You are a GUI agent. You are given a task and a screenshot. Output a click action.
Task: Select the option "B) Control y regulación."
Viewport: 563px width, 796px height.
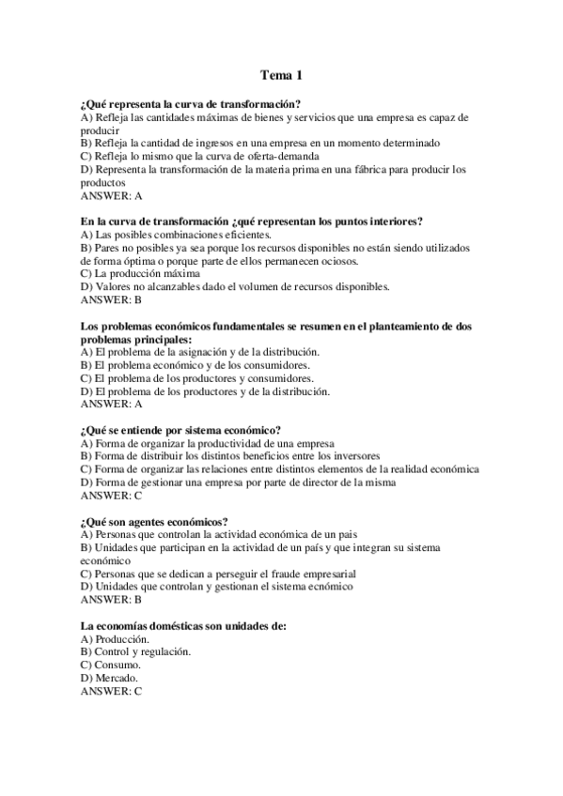coord(136,651)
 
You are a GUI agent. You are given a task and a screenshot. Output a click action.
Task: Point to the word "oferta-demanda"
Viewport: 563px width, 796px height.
coord(284,156)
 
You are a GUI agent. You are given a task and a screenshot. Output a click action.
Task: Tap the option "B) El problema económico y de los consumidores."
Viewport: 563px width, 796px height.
coord(195,364)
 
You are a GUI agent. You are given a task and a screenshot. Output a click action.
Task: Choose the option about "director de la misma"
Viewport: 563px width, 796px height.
coord(238,482)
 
